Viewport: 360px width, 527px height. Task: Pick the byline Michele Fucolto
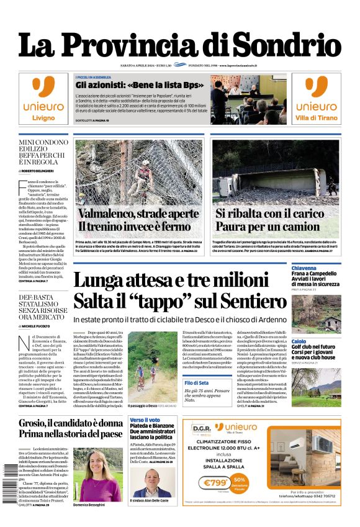[39, 325]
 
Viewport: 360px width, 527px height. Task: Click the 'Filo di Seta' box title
[196, 383]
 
